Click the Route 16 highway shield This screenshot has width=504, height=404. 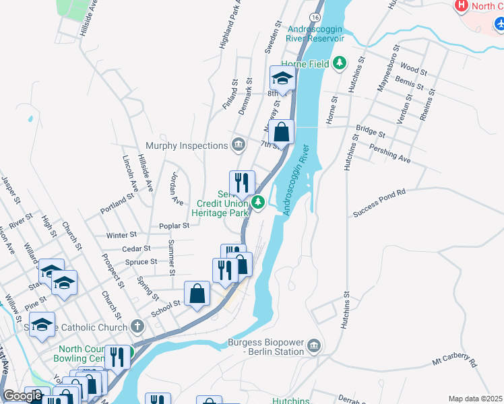[315, 16]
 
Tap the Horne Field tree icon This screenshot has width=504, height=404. [340, 64]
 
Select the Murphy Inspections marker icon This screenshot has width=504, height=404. [239, 145]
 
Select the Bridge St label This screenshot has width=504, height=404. [370, 131]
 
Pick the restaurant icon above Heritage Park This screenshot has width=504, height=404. [242, 182]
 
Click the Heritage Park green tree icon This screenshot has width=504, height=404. [258, 201]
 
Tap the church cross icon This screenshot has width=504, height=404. [137, 327]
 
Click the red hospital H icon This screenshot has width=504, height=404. [462, 6]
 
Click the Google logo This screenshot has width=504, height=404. [22, 396]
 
